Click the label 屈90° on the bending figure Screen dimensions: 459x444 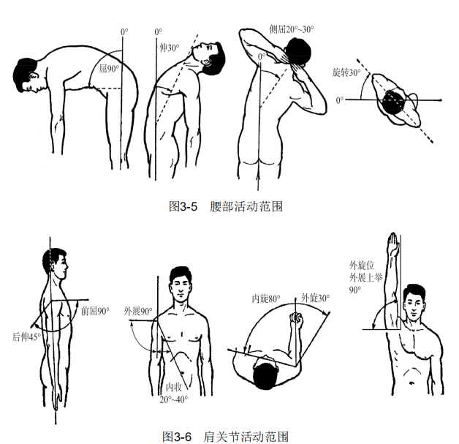pyautogui.click(x=109, y=69)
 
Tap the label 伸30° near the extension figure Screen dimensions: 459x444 pyautogui.click(x=169, y=48)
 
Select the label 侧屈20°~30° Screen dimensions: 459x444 pyautogui.click(x=292, y=29)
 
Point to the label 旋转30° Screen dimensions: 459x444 pyautogui.click(x=346, y=72)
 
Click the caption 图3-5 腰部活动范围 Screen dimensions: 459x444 pyautogui.click(x=226, y=206)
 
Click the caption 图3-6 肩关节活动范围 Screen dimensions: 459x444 pyautogui.click(x=225, y=437)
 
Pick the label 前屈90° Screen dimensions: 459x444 pyautogui.click(x=95, y=311)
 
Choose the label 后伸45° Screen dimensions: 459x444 pyautogui.click(x=26, y=336)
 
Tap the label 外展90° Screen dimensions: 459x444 pyautogui.click(x=138, y=311)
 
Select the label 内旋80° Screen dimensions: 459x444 pyautogui.click(x=266, y=298)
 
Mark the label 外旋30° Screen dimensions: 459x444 pyautogui.click(x=315, y=298)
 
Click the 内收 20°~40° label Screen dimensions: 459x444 pyautogui.click(x=174, y=394)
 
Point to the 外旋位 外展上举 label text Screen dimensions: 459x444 pyautogui.click(x=365, y=271)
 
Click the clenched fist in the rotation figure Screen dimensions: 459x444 pyautogui.click(x=296, y=318)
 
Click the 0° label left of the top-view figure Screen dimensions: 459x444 pyautogui.click(x=339, y=100)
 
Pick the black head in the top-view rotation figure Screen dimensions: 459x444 pyautogui.click(x=394, y=102)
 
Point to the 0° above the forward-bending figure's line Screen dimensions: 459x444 pyautogui.click(x=124, y=31)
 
